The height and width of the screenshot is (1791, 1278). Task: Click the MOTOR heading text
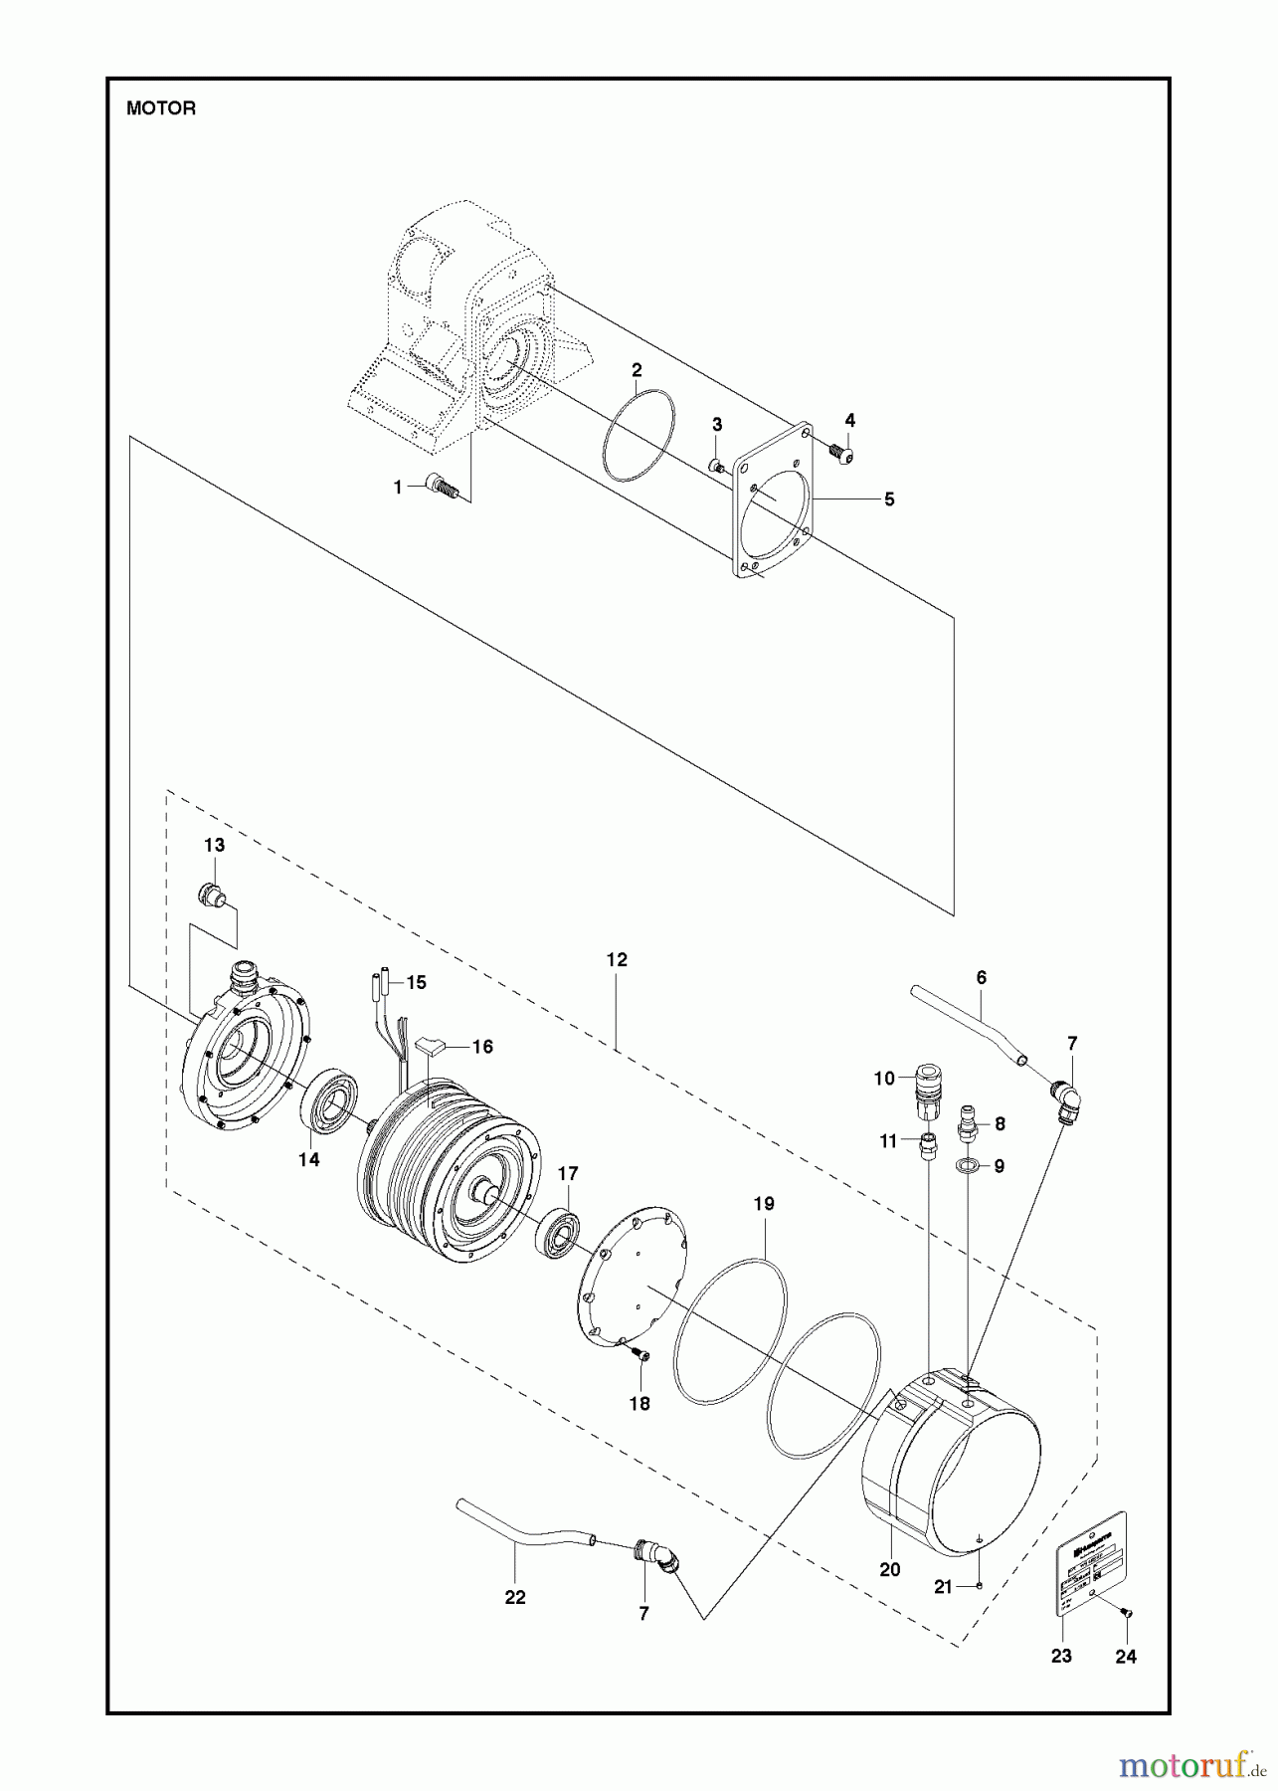161,109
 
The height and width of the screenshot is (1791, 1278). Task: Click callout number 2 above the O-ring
637,371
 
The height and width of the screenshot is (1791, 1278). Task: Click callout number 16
482,1047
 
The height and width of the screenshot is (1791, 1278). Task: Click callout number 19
763,1203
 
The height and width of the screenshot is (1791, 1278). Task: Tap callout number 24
1126,1656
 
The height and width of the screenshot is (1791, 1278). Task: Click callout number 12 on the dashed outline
617,960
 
